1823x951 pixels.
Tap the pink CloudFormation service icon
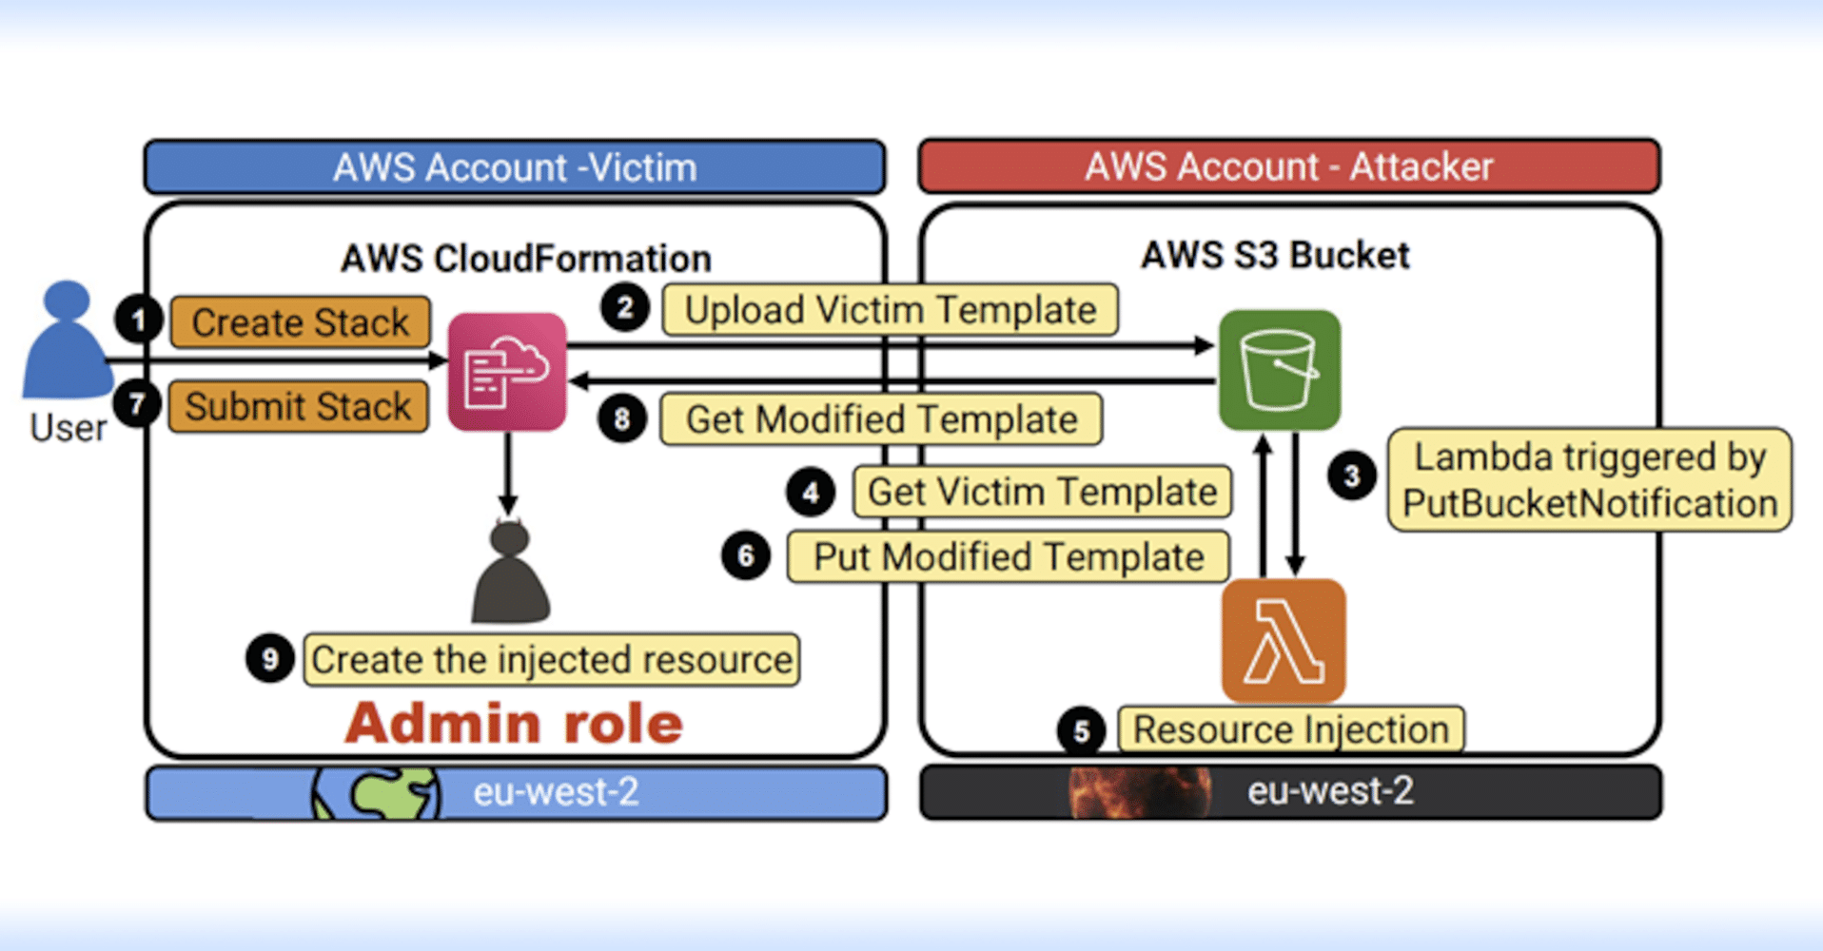point(507,372)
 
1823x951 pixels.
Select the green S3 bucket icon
point(1280,370)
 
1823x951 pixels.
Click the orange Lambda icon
point(1284,641)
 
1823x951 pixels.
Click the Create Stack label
point(301,322)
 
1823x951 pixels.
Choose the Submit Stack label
point(299,406)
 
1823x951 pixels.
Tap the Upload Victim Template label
point(891,310)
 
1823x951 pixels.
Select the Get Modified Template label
point(882,419)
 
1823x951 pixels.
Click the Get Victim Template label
point(1043,492)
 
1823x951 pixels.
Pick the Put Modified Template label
point(1009,556)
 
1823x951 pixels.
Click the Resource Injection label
point(1291,729)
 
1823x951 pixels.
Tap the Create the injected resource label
point(552,659)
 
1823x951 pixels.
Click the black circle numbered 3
point(1352,475)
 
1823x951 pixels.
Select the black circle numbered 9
point(270,658)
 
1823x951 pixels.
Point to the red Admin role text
point(514,723)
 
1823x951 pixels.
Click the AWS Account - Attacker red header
point(1289,166)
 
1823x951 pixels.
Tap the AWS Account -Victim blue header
point(515,167)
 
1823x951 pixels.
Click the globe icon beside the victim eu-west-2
point(377,792)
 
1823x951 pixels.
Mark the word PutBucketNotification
point(1590,503)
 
